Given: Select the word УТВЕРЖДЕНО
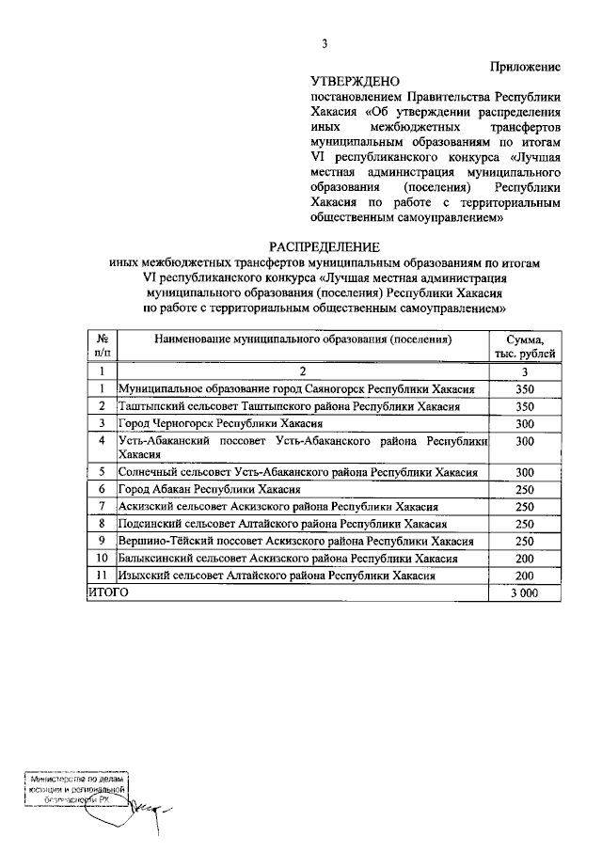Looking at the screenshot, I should point(355,82).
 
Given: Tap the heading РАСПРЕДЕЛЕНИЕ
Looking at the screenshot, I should point(325,246).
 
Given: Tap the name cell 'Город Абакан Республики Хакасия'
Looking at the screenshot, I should point(209,490).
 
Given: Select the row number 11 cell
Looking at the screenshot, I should point(101,575).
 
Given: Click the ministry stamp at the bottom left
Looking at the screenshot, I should point(76,794).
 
